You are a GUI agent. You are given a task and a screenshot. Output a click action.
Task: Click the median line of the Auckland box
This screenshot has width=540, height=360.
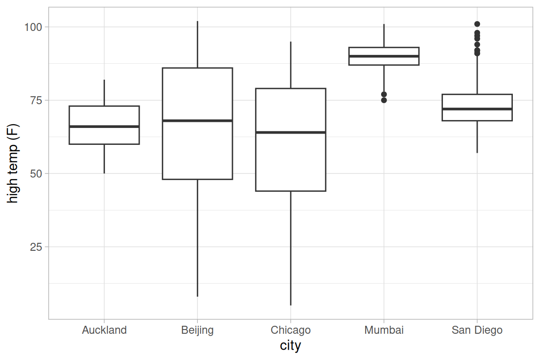point(104,127)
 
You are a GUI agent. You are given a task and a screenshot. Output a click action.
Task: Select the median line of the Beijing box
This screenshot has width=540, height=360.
point(197,120)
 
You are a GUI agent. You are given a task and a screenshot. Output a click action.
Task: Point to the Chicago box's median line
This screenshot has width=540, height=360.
point(291,132)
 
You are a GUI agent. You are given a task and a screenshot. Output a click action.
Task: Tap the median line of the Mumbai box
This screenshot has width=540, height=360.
point(384,56)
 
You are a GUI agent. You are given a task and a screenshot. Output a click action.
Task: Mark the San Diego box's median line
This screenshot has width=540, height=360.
point(477,109)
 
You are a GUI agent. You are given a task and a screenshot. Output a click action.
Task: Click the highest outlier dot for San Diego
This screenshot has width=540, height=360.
point(477,24)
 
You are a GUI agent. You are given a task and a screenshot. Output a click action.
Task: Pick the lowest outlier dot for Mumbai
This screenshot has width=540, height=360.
point(384,100)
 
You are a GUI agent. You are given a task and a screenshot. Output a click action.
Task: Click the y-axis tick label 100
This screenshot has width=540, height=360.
point(33,27)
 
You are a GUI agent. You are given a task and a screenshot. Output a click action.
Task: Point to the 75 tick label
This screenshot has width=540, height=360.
point(36,100)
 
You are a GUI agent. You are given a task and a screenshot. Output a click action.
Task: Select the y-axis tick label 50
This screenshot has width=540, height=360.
point(36,173)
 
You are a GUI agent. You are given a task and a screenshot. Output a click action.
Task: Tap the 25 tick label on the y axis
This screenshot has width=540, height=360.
point(36,247)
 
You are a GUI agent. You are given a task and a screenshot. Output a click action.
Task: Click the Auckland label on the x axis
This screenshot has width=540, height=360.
point(104,330)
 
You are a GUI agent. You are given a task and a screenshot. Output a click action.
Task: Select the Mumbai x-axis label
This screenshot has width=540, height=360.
point(384,330)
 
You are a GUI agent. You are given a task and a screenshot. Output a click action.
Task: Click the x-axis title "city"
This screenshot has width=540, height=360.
point(290,345)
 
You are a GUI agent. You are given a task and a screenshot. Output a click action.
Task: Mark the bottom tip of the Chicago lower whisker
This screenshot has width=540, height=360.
point(291,305)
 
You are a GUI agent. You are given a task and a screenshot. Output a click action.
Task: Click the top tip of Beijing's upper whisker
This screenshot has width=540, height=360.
point(197,22)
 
